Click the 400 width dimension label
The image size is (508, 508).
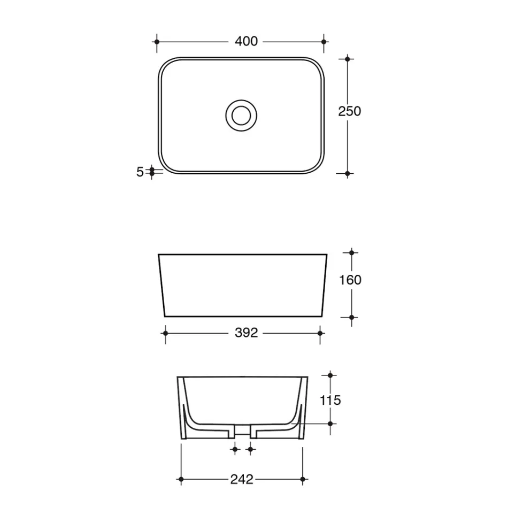coord(246,42)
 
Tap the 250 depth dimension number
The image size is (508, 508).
coord(350,111)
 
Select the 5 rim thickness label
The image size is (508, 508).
coord(140,172)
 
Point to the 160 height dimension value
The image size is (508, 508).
coord(350,280)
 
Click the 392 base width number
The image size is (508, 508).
coord(246,333)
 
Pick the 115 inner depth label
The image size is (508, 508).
coord(330,401)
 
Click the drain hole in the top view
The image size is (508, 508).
coord(241,116)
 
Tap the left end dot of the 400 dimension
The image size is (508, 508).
coord(157,42)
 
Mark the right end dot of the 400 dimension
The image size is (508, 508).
coord(324,42)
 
